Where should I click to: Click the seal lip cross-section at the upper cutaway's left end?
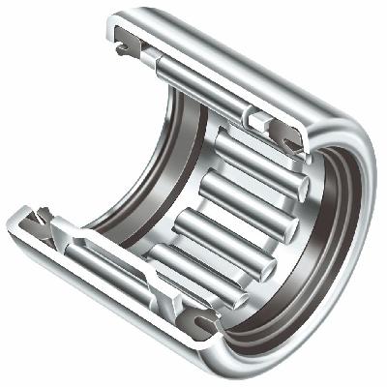(x=125, y=40)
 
